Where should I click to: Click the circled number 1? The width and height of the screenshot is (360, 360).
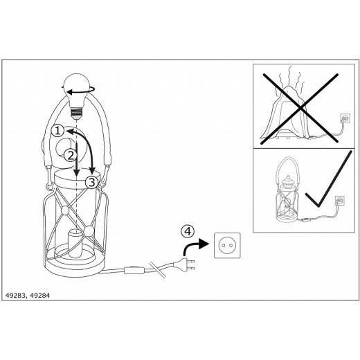pos(57,131)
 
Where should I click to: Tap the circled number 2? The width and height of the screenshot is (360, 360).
pos(70,155)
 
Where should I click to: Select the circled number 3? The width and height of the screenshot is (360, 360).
pos(92,182)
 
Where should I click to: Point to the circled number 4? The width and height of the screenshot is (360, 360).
pos(188,231)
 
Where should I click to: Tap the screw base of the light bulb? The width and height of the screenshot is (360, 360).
pos(76,112)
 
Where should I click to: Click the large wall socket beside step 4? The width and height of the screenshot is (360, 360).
pos(227,245)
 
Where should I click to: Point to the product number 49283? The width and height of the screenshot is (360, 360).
pos(15,296)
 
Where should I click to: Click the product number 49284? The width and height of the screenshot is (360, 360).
pos(40,296)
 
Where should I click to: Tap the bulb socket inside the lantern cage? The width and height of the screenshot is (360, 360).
pos(75,244)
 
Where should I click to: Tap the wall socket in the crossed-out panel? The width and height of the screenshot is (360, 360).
pos(345,118)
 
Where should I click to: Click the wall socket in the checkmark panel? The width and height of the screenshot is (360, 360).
pos(340,201)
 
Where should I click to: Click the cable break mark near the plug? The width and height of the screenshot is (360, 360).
pos(158,269)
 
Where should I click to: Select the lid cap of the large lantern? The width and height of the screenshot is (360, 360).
pos(77,178)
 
